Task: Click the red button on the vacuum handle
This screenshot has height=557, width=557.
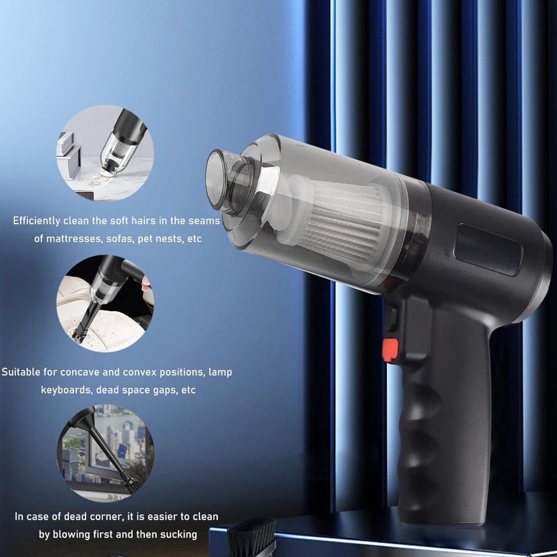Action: coord(390,350)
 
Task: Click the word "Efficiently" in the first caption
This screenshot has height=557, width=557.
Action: coord(37,221)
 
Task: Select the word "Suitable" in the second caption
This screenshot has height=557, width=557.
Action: coord(21,372)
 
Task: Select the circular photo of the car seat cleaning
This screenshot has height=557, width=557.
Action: coord(105,303)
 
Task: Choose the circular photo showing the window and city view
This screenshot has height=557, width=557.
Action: coord(105,453)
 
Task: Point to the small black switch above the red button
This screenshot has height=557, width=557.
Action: coord(392,319)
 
